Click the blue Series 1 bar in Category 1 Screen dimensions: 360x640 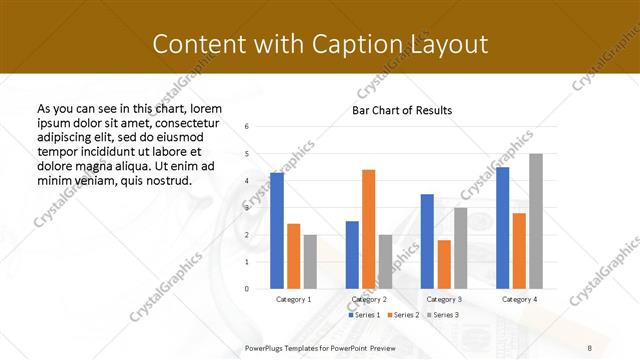click(x=277, y=231)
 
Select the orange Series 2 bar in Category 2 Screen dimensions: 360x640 click(x=369, y=229)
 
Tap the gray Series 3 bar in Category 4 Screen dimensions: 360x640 click(x=536, y=221)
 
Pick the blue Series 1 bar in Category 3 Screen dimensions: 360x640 click(x=427, y=241)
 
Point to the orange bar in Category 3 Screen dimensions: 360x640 click(x=444, y=264)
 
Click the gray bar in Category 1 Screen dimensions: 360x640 click(x=310, y=262)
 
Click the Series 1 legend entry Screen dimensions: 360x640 click(x=364, y=314)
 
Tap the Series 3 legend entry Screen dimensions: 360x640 click(x=444, y=314)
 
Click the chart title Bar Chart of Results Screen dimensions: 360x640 click(x=402, y=110)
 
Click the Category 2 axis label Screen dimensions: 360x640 click(x=369, y=299)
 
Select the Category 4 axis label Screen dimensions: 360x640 click(x=518, y=299)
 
